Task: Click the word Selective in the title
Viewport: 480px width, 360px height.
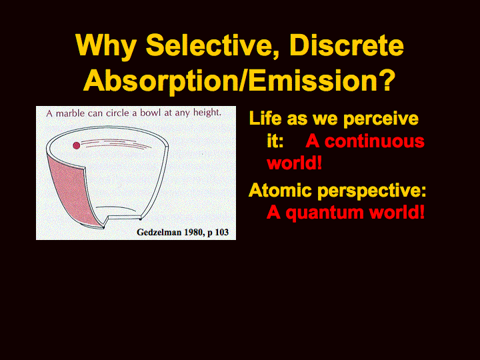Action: tap(212, 45)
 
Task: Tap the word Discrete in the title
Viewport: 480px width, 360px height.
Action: tap(347, 45)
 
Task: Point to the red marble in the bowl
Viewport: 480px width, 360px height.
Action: tap(77, 145)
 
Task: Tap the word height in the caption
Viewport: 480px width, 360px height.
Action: tap(207, 113)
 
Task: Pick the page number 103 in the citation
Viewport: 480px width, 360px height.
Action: tap(221, 232)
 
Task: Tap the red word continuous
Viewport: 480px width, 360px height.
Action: tap(375, 141)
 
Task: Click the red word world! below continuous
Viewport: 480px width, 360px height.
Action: tap(295, 163)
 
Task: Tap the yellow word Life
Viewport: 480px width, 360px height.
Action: tap(265, 118)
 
